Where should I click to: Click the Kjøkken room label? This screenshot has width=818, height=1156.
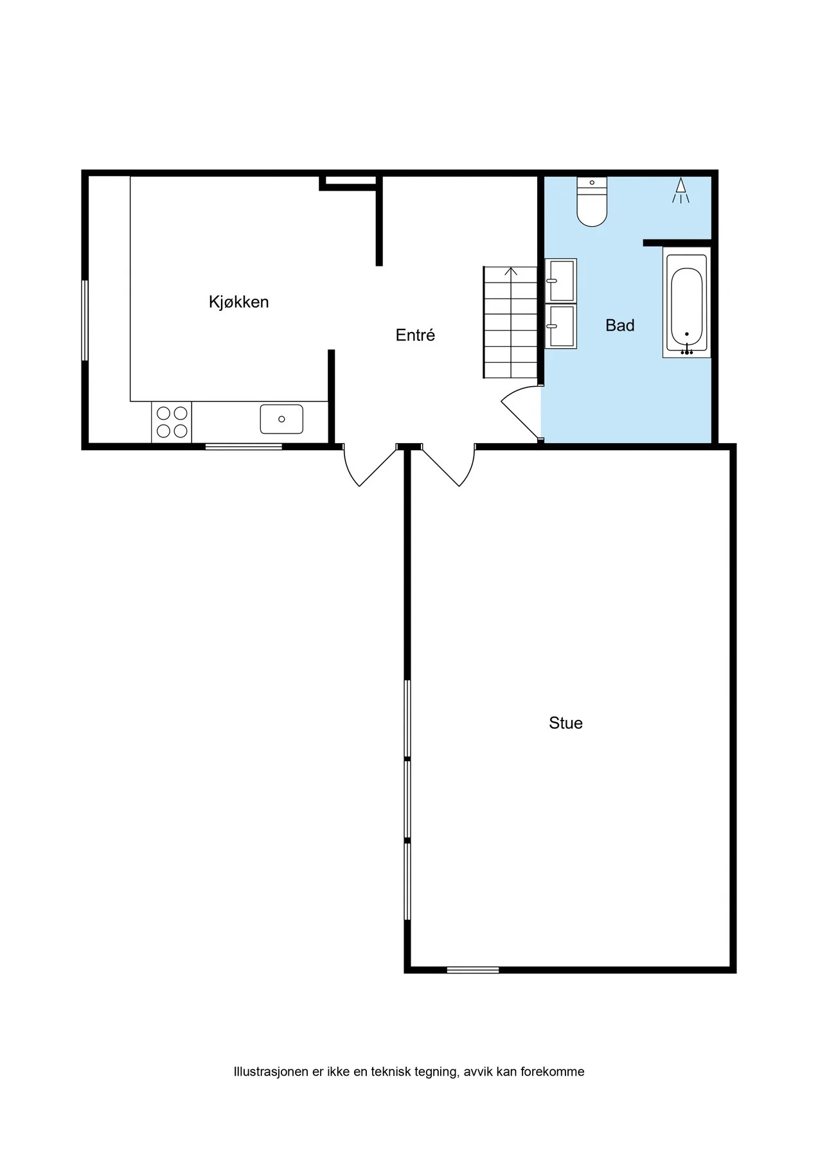pyautogui.click(x=238, y=302)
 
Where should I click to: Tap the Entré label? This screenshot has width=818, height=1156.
pyautogui.click(x=415, y=335)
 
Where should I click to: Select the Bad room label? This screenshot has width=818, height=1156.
pyautogui.click(x=619, y=326)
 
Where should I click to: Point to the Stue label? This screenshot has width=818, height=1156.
pyautogui.click(x=565, y=723)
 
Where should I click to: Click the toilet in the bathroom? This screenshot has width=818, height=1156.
pyautogui.click(x=592, y=202)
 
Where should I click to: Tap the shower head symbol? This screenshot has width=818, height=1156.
pyautogui.click(x=680, y=191)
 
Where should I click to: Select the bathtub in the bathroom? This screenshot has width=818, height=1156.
pyautogui.click(x=687, y=302)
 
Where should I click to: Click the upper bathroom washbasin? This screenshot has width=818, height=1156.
pyautogui.click(x=561, y=281)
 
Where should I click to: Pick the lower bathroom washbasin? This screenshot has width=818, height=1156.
pyautogui.click(x=561, y=326)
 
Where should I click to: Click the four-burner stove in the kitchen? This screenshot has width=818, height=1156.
pyautogui.click(x=172, y=423)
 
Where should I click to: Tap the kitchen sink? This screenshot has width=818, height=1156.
pyautogui.click(x=281, y=419)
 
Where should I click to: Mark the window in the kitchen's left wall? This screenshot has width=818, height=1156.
pyautogui.click(x=85, y=320)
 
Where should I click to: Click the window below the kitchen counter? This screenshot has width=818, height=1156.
pyautogui.click(x=244, y=446)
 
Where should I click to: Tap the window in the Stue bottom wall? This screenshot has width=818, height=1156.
pyautogui.click(x=473, y=970)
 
